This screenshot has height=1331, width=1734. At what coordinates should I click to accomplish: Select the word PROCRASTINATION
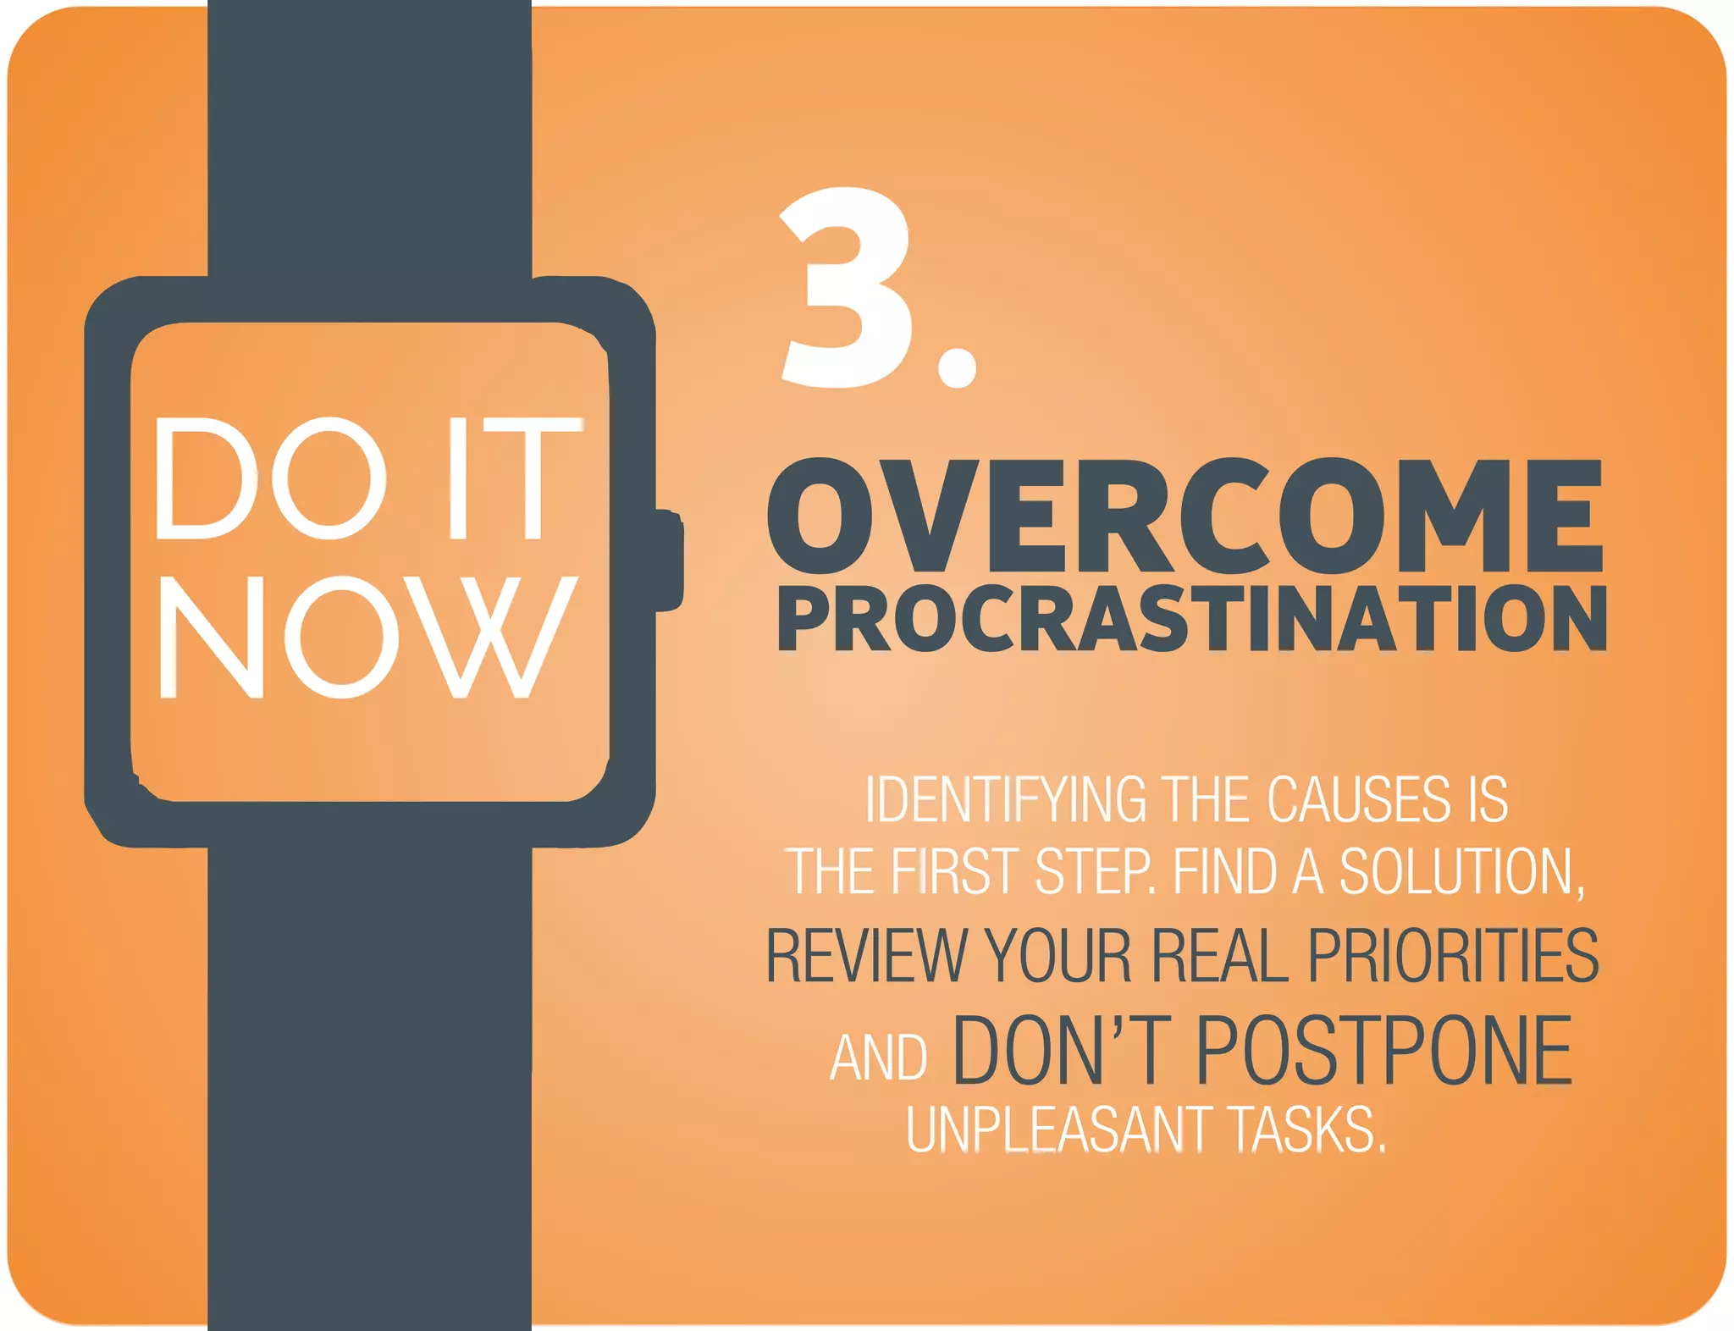pos(1191,619)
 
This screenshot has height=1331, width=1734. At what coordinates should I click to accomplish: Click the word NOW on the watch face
pos(368,637)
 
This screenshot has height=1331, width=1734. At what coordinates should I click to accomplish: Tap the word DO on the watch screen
pos(269,478)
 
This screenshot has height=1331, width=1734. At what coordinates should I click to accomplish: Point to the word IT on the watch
pos(514,478)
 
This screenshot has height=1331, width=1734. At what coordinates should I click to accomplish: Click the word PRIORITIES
pos(1453,955)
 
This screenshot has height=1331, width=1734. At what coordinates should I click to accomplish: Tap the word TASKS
pos(1307,1129)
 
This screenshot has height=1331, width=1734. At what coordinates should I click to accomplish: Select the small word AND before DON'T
pos(879,1058)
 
